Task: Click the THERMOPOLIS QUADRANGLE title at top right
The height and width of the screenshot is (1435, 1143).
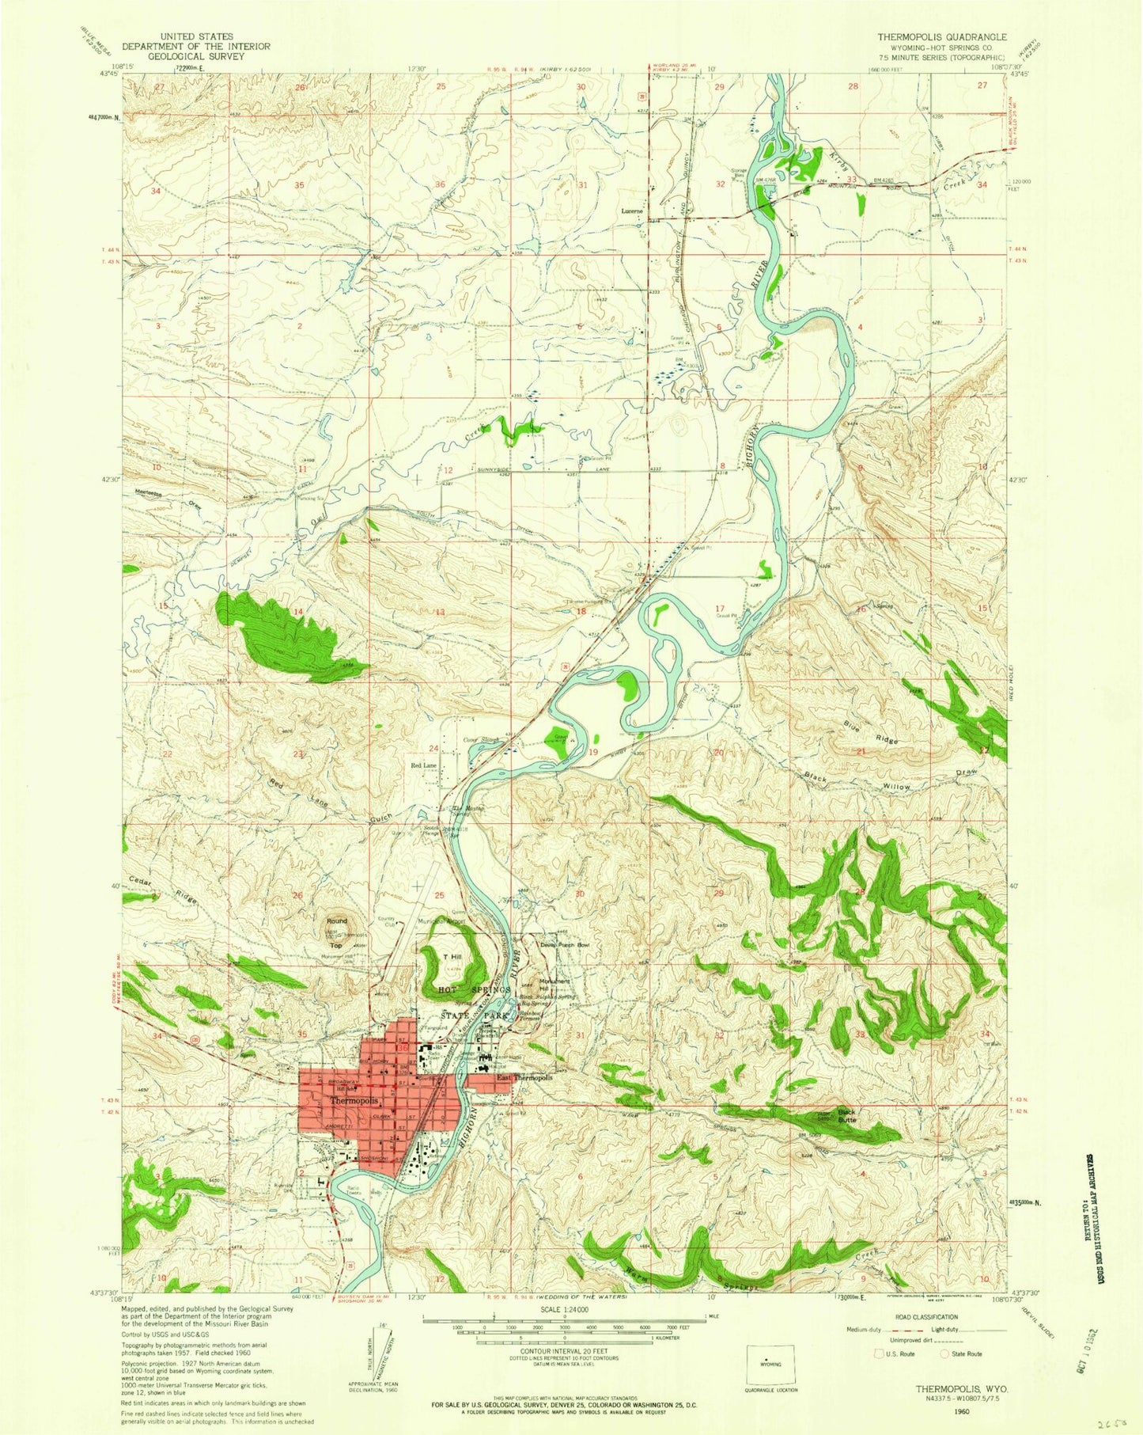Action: click(930, 37)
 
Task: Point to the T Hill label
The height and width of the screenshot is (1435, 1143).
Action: click(452, 958)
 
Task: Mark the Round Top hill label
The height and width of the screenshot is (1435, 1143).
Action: click(337, 933)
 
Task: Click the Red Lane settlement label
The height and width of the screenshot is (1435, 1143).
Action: click(423, 766)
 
